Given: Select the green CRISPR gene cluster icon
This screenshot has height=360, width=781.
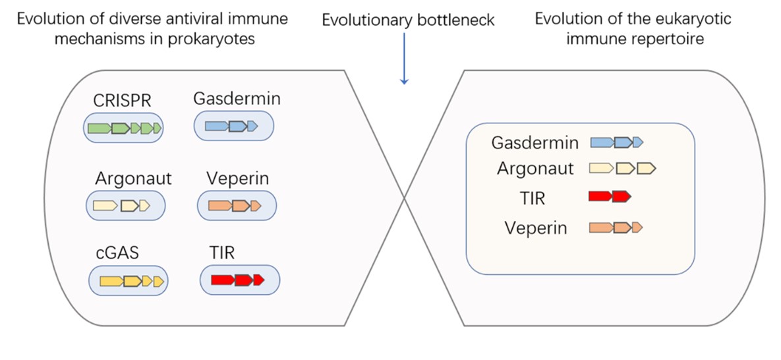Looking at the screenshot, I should [124, 128].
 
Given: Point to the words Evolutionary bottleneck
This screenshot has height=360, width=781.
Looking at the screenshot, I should [408, 20].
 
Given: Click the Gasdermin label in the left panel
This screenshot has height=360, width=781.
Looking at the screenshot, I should [237, 99].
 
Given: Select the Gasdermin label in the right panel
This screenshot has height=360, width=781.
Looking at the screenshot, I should [535, 142].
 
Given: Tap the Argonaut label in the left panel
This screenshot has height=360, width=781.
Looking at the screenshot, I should [132, 178].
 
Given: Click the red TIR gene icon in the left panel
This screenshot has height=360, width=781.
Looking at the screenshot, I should [238, 280].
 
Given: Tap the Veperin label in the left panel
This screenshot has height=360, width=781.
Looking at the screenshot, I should [237, 178].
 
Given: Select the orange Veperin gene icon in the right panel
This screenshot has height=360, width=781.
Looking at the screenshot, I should [616, 228].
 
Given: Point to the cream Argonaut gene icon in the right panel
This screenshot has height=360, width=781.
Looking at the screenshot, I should [622, 169].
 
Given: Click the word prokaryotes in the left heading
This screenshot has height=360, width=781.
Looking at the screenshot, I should [212, 39].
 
